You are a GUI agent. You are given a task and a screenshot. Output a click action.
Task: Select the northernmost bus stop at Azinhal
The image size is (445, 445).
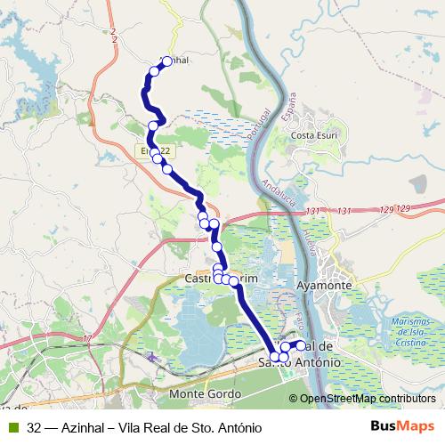coord(166,61)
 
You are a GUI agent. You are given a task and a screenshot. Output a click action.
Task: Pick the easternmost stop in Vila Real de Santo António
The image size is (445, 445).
coord(301,345)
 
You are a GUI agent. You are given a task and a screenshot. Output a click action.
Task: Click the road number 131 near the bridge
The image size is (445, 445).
coord(311,211)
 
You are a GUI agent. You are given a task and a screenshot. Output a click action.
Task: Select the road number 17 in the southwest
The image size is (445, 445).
coord(87,338)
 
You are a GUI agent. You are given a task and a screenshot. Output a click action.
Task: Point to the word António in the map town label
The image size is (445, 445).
coord(315,363)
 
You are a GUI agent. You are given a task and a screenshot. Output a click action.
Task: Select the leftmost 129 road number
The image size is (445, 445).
coord(385,210)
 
